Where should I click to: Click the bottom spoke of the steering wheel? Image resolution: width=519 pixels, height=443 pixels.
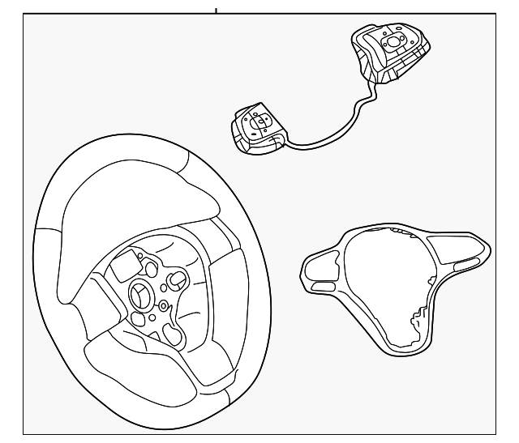coord(138,356)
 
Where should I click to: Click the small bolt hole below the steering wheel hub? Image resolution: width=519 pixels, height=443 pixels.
coord(163,305)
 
